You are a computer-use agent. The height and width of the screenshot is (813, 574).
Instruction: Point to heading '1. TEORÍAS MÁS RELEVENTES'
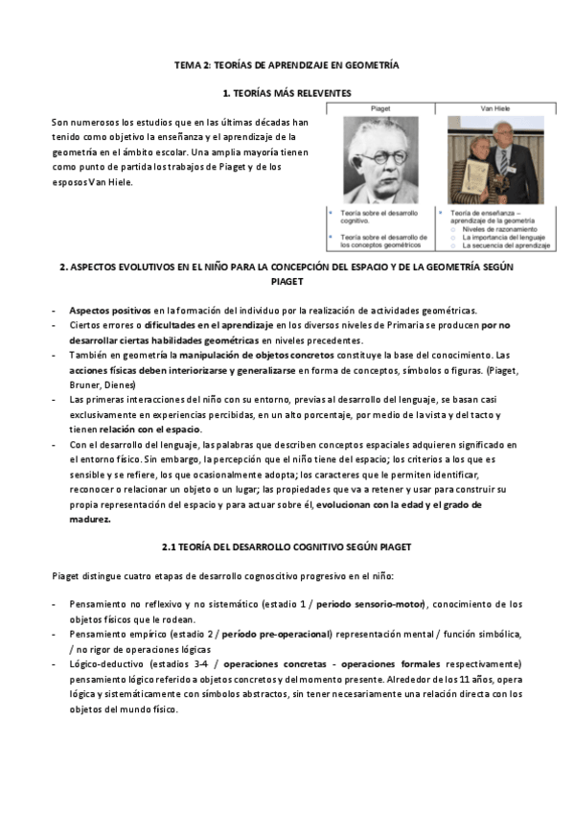click(286, 93)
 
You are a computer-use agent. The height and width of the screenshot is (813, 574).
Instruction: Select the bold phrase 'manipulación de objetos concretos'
click(244, 354)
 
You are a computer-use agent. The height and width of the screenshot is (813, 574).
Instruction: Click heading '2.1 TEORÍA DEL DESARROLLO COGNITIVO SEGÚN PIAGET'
click(287, 546)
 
